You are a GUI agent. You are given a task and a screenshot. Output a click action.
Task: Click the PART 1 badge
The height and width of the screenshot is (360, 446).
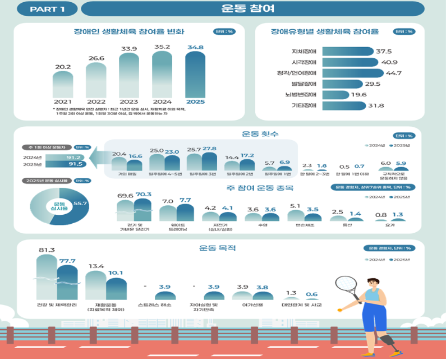click(x=47, y=9)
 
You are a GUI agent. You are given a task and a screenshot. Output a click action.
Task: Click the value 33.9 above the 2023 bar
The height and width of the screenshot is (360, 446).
click(x=129, y=49)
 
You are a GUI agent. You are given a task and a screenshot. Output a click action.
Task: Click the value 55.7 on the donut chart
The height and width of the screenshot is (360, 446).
click(x=81, y=202)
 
